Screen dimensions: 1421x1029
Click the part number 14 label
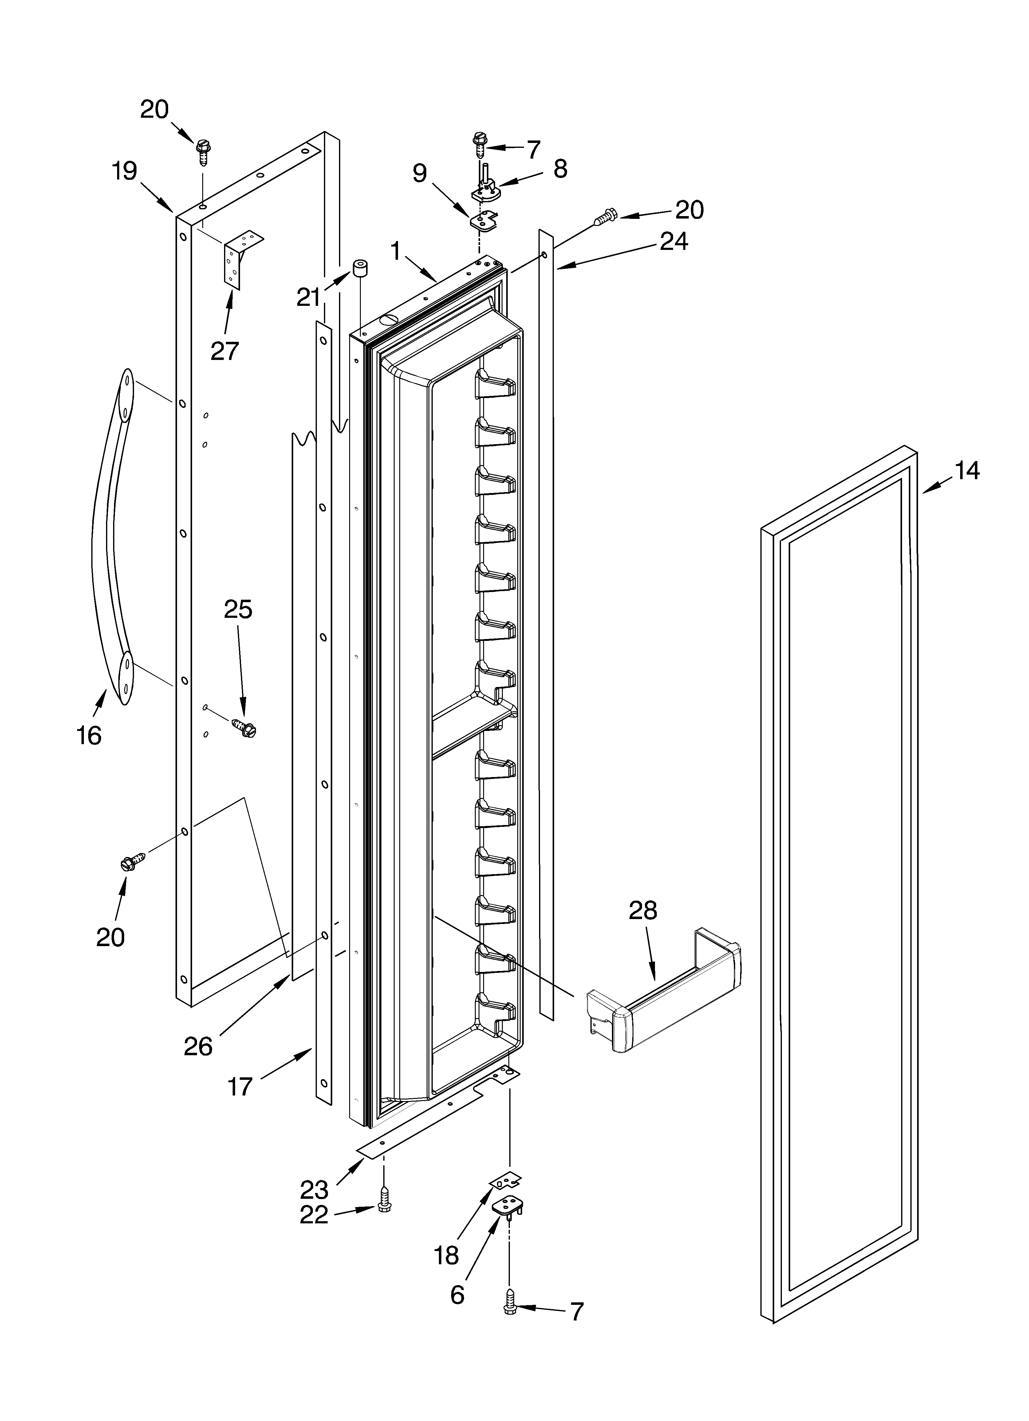click(x=967, y=471)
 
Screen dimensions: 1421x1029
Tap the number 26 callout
click(x=198, y=1046)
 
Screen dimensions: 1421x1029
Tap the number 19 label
click(x=125, y=171)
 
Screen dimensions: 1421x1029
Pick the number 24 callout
click(x=674, y=241)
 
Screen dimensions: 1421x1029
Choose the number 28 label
click(x=643, y=911)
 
